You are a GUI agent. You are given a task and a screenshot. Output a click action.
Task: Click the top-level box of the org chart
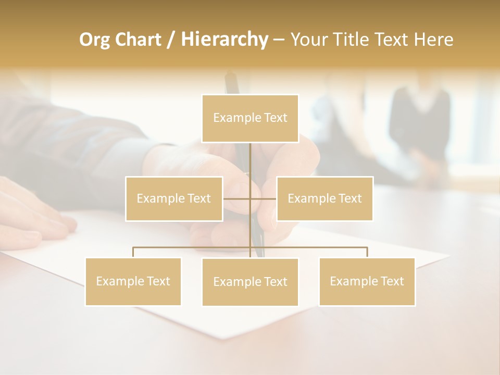click(250, 118)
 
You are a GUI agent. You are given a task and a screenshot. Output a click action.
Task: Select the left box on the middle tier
click(174, 198)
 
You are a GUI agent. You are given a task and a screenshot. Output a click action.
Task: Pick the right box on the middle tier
click(324, 198)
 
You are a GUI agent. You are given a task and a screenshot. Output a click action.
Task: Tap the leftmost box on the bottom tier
click(133, 281)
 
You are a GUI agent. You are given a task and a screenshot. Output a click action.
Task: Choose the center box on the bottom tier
click(250, 282)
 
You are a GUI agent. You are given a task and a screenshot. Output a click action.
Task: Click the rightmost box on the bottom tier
click(367, 281)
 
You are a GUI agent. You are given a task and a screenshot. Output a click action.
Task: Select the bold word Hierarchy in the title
click(224, 40)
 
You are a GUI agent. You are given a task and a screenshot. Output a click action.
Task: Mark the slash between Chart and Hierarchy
click(171, 40)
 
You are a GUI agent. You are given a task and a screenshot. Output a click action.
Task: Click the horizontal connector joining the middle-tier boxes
click(237, 198)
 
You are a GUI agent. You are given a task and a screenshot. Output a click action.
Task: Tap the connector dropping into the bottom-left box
click(133, 252)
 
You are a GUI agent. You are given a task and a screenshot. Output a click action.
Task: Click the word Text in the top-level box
click(276, 118)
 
